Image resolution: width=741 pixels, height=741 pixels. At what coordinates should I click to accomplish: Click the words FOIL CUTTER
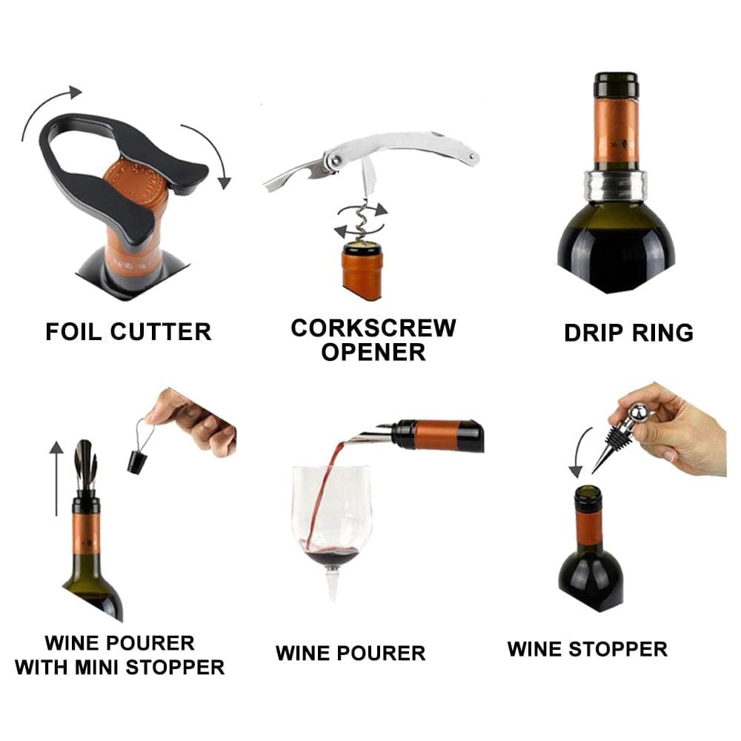click(x=128, y=331)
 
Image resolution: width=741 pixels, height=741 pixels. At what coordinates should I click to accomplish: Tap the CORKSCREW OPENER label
click(x=373, y=339)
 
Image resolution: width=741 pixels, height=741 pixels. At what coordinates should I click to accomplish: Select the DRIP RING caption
click(x=628, y=332)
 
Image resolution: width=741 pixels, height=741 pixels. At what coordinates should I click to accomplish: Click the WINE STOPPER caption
click(x=587, y=649)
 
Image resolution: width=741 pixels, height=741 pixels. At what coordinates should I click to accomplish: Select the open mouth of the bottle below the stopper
click(x=588, y=492)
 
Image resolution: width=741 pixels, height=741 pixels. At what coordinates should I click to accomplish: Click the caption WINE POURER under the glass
click(x=350, y=653)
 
